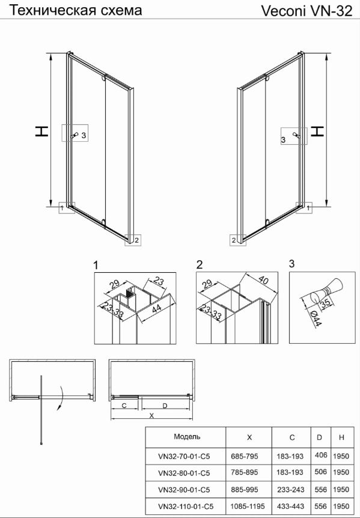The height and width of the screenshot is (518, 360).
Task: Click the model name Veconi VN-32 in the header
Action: click(x=307, y=11)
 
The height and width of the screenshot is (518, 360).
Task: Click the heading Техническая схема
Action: click(x=75, y=10)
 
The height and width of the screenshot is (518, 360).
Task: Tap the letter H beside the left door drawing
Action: click(x=42, y=131)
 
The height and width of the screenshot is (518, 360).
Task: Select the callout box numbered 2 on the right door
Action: click(x=238, y=240)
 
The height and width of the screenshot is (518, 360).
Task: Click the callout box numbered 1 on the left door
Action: click(x=67, y=208)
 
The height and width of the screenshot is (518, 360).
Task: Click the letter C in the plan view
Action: click(x=124, y=406)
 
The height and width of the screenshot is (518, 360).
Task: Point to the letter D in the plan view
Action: click(x=165, y=406)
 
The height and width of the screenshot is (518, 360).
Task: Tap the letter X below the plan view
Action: click(x=151, y=416)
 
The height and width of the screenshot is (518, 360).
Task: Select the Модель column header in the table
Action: click(x=187, y=437)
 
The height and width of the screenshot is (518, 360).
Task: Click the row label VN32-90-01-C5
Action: click(x=184, y=489)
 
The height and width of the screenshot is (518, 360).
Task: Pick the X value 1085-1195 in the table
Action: click(x=249, y=506)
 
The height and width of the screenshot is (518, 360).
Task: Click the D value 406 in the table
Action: click(x=321, y=455)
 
